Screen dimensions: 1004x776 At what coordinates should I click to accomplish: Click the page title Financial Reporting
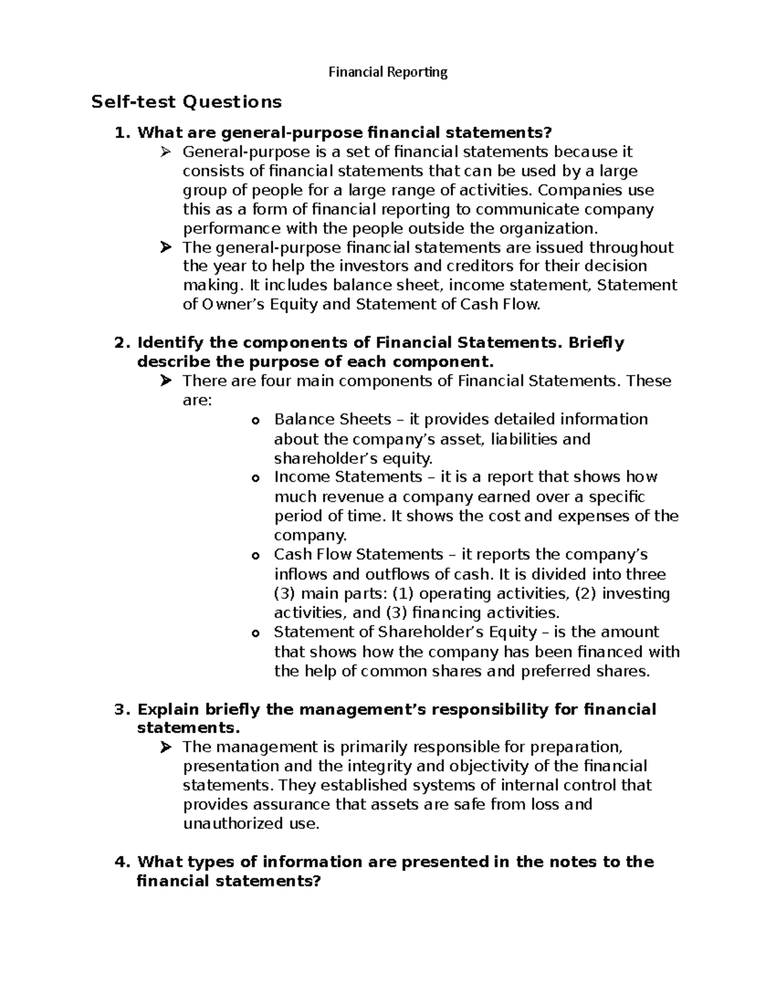click(388, 72)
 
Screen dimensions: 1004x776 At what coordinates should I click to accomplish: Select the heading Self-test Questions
click(187, 102)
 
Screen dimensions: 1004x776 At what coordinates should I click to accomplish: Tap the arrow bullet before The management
click(166, 748)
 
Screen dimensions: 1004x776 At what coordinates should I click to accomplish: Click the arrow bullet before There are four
click(166, 381)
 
